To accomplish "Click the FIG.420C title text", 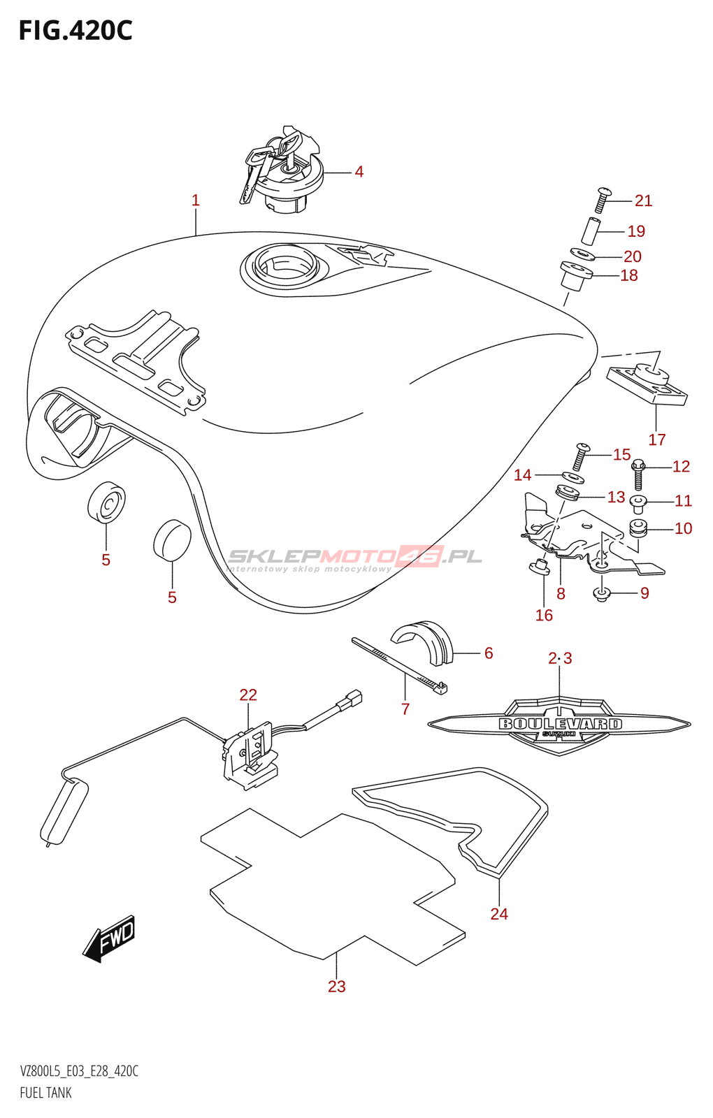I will [x=75, y=31].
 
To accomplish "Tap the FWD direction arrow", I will [x=110, y=938].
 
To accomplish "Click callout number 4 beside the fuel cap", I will [x=359, y=172].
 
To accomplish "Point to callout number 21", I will [x=643, y=201].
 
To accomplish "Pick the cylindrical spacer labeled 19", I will [x=591, y=231].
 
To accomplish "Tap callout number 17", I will [x=656, y=440].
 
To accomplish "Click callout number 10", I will [x=683, y=529].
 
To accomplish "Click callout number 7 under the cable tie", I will [x=405, y=709].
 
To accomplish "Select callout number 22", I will [x=248, y=695].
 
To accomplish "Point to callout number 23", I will [x=337, y=987].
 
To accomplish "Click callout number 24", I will [x=499, y=914].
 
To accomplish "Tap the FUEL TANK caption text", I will [x=45, y=1093].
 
